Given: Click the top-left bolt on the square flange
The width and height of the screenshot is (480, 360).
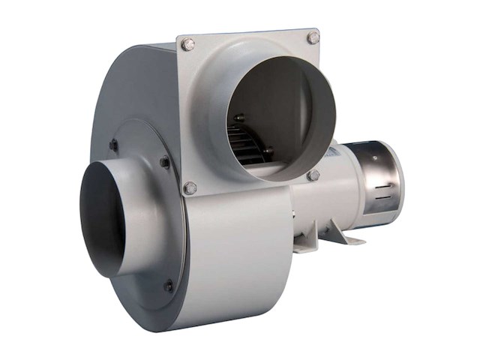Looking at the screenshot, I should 187,45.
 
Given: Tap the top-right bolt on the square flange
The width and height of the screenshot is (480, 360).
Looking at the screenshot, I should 313,37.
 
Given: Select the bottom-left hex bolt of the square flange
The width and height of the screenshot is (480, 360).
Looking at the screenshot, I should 190,187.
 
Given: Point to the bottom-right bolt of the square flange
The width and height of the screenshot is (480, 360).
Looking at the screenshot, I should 313,175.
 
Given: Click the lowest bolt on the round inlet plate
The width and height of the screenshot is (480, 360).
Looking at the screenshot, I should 168,285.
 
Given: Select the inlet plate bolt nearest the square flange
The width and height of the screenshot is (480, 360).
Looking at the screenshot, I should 165,161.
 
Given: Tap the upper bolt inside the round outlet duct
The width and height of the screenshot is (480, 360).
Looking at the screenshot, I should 239,118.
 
